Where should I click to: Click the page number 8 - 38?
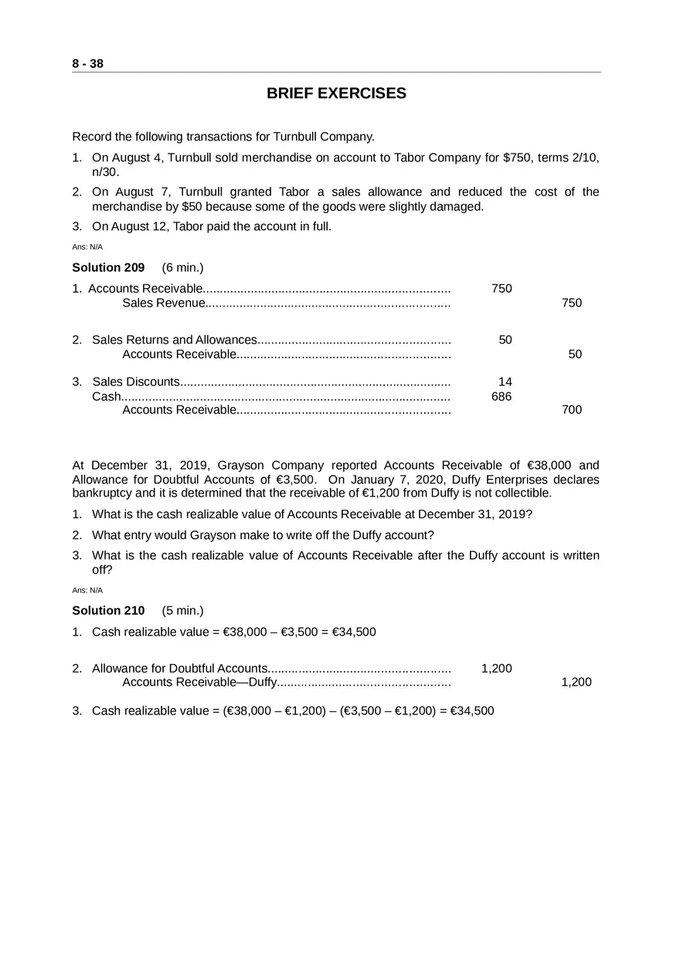pyautogui.click(x=87, y=64)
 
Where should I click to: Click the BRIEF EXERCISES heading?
pyautogui.click(x=336, y=93)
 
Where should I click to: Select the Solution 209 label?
pyautogui.click(x=108, y=268)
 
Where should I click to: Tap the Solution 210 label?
pyautogui.click(x=108, y=611)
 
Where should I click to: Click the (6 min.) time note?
pyautogui.click(x=182, y=268)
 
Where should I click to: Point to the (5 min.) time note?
pyautogui.click(x=182, y=611)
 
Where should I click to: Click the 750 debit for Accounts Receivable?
pyautogui.click(x=501, y=289)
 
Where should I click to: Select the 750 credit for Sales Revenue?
pyautogui.click(x=572, y=303)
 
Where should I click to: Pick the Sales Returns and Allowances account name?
pyautogui.click(x=174, y=340)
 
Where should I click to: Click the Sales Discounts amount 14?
pyautogui.click(x=505, y=381)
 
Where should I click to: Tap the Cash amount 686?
pyautogui.click(x=501, y=396)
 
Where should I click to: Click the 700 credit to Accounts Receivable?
pyautogui.click(x=572, y=410)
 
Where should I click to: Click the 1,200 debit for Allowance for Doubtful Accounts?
pyautogui.click(x=496, y=669)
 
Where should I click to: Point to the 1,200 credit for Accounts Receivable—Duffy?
pyautogui.click(x=576, y=682)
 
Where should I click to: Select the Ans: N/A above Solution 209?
pyautogui.click(x=87, y=247)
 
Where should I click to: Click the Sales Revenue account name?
pyautogui.click(x=163, y=303)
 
